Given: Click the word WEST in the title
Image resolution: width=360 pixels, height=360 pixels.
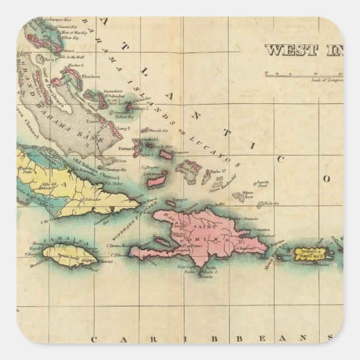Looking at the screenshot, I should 285,50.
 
